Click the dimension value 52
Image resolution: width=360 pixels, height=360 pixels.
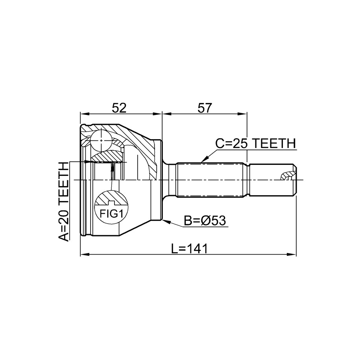(119, 108)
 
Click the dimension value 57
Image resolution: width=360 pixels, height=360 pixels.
(204, 108)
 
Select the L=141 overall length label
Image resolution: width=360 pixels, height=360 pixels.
(189, 249)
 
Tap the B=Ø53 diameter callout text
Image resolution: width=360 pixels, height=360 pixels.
(205, 221)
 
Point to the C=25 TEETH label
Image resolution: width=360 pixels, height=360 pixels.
(255, 144)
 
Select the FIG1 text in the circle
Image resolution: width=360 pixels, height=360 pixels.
(111, 214)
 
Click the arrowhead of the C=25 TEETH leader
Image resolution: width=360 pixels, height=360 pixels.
(204, 159)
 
